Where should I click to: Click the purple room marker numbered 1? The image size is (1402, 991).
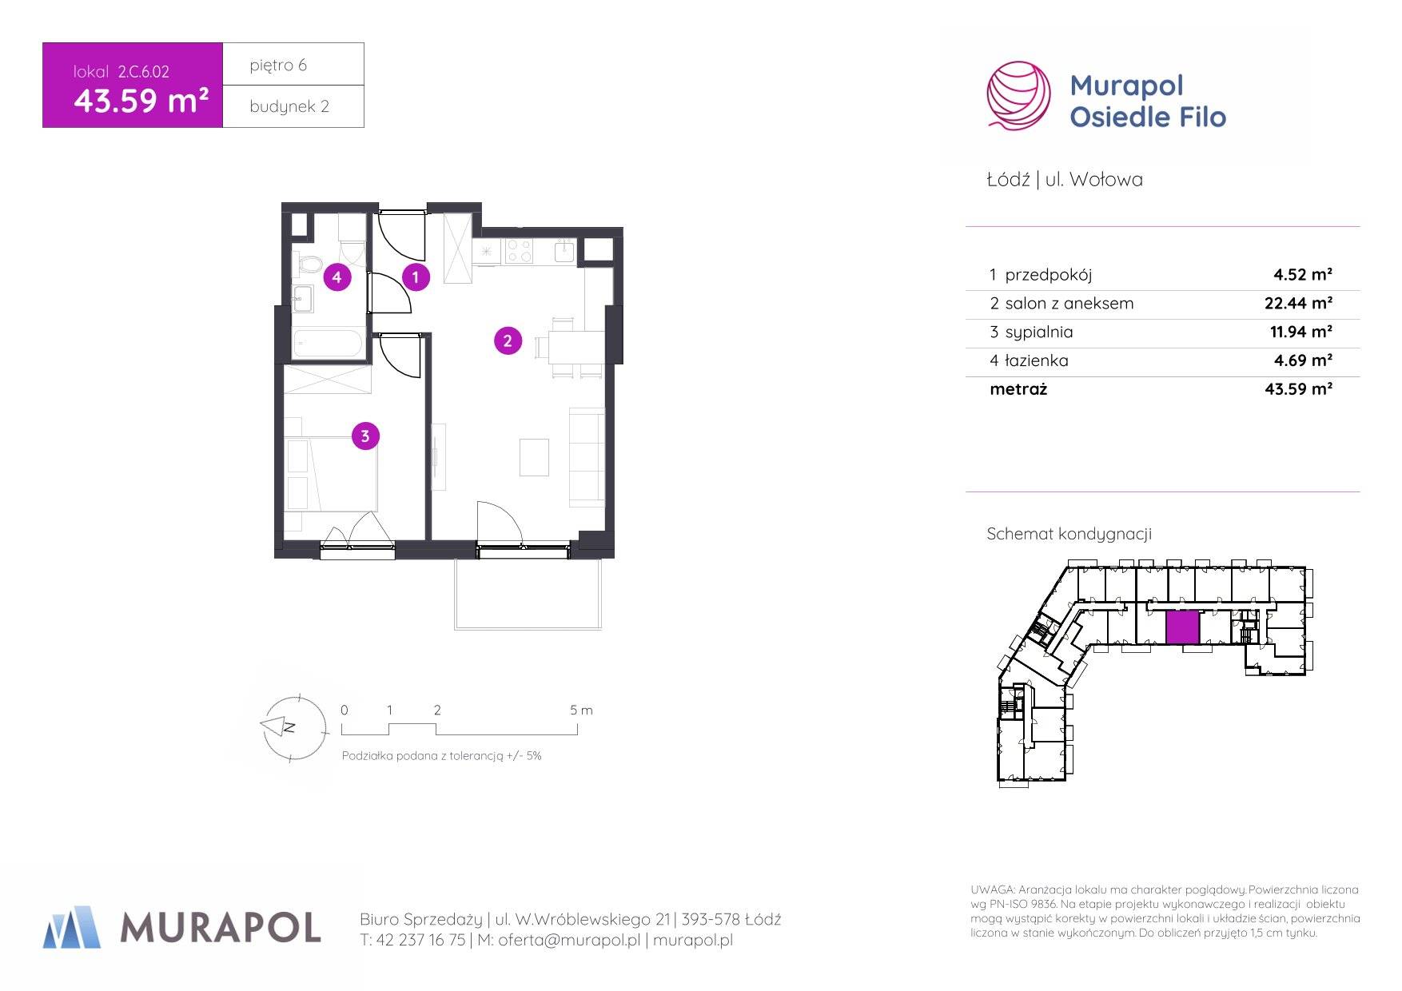[x=416, y=277]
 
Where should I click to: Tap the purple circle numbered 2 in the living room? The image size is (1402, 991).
[x=508, y=341]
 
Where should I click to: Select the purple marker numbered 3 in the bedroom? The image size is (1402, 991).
[x=365, y=436]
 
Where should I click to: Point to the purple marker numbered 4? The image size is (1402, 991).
[x=337, y=277]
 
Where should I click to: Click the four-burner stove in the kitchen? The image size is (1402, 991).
[x=518, y=252]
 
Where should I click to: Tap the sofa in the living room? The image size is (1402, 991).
[x=587, y=456]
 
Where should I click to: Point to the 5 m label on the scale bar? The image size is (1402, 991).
[x=581, y=710]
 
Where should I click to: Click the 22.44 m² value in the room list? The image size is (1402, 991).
[x=1292, y=303]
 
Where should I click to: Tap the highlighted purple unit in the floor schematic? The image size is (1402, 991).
[x=1183, y=628]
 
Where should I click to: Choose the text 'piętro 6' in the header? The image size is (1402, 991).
[x=278, y=65]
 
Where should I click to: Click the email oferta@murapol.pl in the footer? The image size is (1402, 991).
[x=569, y=941]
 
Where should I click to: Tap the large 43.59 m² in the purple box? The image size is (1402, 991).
[x=141, y=101]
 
